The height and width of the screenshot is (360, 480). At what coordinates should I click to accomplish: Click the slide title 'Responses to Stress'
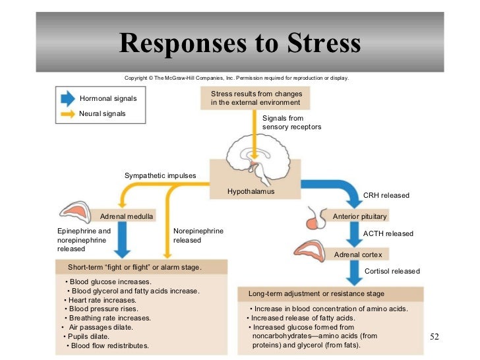click(240, 44)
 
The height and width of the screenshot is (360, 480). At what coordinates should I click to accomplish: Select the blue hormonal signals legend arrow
click(67, 99)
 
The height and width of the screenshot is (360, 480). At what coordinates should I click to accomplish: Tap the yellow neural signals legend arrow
click(67, 113)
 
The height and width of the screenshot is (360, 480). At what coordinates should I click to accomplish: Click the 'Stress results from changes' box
click(255, 98)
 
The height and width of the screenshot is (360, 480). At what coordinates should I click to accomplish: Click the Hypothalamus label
click(251, 191)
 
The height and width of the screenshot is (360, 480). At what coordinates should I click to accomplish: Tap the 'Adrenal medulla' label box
click(127, 216)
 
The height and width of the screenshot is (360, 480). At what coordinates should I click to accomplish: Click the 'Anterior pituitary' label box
click(359, 216)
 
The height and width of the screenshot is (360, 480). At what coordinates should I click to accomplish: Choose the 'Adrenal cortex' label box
click(357, 254)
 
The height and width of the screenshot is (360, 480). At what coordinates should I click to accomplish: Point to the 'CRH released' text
click(386, 196)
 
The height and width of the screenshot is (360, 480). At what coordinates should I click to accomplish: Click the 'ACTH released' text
click(388, 233)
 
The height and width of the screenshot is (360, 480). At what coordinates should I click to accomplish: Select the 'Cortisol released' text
click(392, 271)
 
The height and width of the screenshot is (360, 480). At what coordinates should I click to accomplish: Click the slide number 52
click(434, 337)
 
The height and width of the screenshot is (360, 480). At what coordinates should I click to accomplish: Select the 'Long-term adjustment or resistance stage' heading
click(316, 293)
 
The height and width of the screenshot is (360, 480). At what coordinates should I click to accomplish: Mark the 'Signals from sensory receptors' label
click(291, 122)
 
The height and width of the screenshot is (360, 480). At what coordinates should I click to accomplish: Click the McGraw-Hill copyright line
click(236, 78)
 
